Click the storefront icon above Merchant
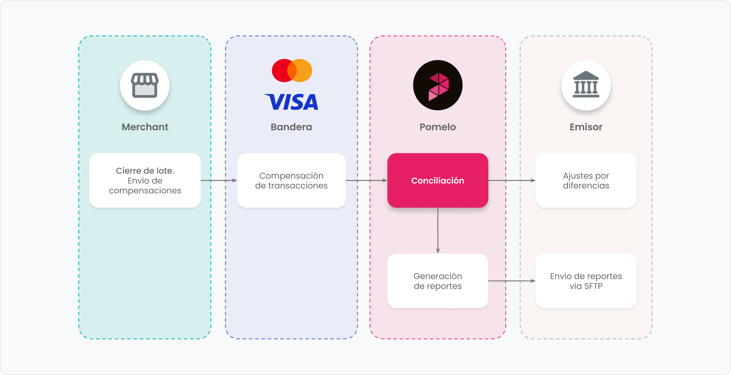145,86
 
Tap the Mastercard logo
292,71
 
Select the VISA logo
291,102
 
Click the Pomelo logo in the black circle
438,86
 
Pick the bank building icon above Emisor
586,86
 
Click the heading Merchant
145,127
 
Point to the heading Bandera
291,127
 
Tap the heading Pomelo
438,127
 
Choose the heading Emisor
586,127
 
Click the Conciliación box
438,181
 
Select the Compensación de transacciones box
291,181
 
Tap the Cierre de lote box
145,181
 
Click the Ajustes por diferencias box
586,181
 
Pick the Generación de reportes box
438,281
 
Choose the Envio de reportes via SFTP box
586,281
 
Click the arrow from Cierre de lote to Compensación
219,181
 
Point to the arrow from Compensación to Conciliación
366,181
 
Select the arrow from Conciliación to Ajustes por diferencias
512,181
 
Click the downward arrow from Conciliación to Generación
438,231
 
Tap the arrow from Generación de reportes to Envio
512,281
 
